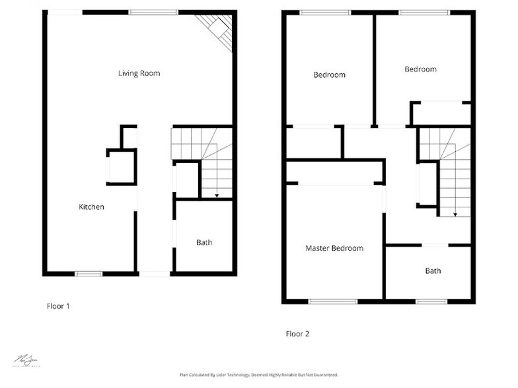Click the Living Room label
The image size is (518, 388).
coord(139,73)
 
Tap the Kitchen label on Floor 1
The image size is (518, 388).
coord(91,207)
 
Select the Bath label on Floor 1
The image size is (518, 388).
coord(204,243)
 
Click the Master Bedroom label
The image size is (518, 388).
coord(334,249)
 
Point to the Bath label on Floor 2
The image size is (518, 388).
coord(433,271)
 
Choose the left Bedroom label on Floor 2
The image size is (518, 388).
coord(329,75)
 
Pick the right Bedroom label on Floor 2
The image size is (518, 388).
coord(420,69)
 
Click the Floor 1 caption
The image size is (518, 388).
coord(58,306)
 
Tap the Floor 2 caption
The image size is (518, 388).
coord(297,334)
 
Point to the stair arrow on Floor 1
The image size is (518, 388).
coord(217,195)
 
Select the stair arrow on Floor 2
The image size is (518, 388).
coord(455,214)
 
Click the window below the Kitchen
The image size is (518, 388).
coord(89,273)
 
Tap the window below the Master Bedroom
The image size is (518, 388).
coord(333,302)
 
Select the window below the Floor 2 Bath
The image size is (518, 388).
coord(431,302)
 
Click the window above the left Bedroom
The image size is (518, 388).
coord(325,13)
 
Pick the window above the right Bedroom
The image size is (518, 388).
coord(424,13)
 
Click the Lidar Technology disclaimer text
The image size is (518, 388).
coord(258,375)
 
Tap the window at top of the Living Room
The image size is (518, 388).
coord(153,12)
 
